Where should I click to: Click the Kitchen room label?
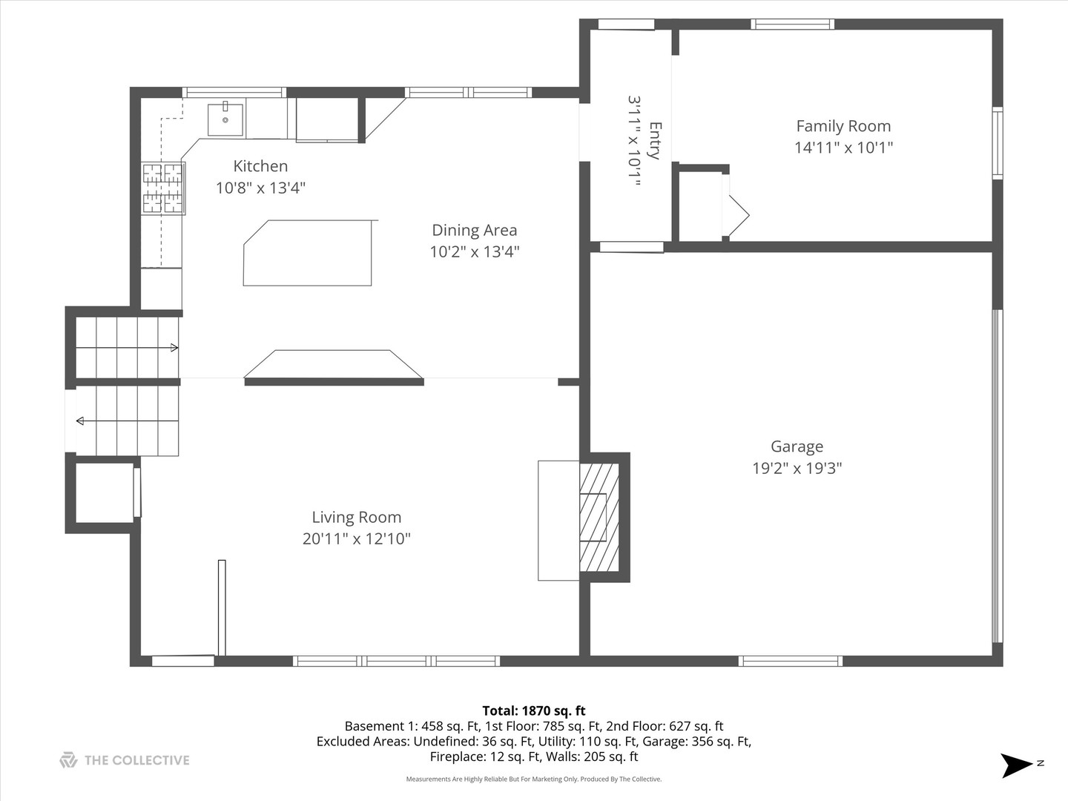[260, 166]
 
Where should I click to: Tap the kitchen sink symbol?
[225, 119]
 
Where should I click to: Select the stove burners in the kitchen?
[162, 188]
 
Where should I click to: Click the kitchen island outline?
[308, 253]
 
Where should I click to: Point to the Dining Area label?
[474, 231]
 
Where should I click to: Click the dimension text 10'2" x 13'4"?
[474, 252]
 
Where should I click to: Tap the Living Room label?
[356, 518]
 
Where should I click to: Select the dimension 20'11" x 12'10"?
[356, 539]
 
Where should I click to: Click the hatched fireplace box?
[599, 517]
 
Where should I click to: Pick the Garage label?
[797, 446]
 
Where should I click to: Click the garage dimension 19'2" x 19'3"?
[797, 468]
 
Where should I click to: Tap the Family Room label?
[843, 126]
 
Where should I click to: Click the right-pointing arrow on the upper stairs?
[174, 348]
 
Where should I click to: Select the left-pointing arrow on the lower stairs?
[80, 421]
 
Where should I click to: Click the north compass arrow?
[1016, 765]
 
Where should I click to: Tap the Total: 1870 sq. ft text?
[533, 711]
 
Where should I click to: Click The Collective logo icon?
[68, 760]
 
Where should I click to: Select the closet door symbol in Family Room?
[736, 215]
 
